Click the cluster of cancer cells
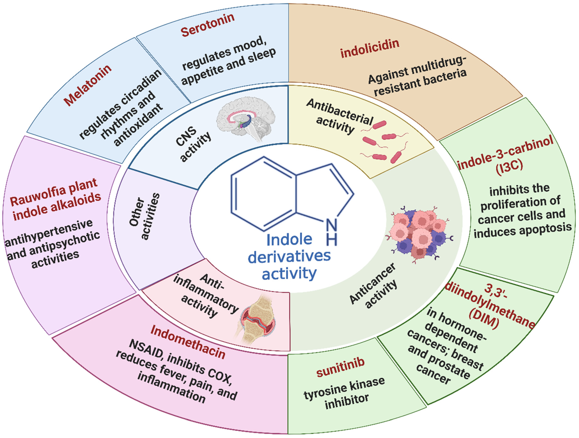[x=419, y=233]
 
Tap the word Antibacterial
[x=340, y=112]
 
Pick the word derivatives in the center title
[x=289, y=256]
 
